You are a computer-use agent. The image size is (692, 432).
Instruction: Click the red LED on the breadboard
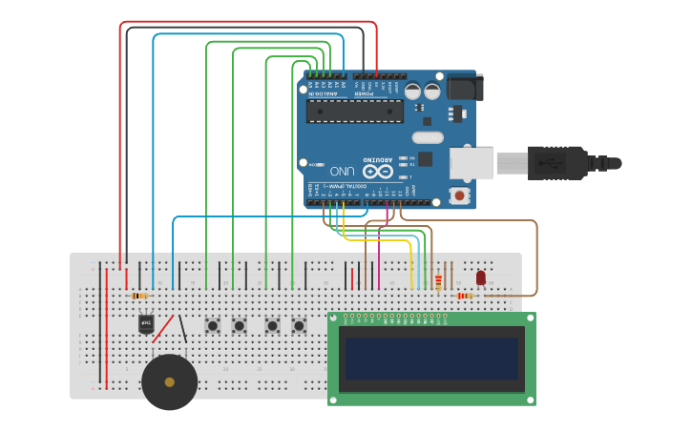(480, 278)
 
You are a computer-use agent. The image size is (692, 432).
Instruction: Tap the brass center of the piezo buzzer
(170, 381)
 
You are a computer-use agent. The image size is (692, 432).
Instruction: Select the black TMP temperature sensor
(146, 323)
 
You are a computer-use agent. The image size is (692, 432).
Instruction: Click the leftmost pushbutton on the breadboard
(212, 325)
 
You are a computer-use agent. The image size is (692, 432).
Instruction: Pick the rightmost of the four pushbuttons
(299, 325)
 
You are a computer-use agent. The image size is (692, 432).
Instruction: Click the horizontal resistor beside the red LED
(465, 296)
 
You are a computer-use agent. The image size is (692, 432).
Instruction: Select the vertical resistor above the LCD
(438, 281)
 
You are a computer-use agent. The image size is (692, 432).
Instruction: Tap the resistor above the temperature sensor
(139, 296)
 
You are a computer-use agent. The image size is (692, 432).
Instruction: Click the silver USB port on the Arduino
(472, 163)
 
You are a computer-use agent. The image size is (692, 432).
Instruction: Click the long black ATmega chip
(354, 112)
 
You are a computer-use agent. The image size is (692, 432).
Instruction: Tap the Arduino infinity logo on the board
(377, 172)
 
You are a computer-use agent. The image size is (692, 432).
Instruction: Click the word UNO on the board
(343, 171)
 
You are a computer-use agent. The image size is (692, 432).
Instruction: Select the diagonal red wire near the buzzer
(163, 329)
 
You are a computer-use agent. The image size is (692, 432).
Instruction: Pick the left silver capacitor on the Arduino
(412, 92)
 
